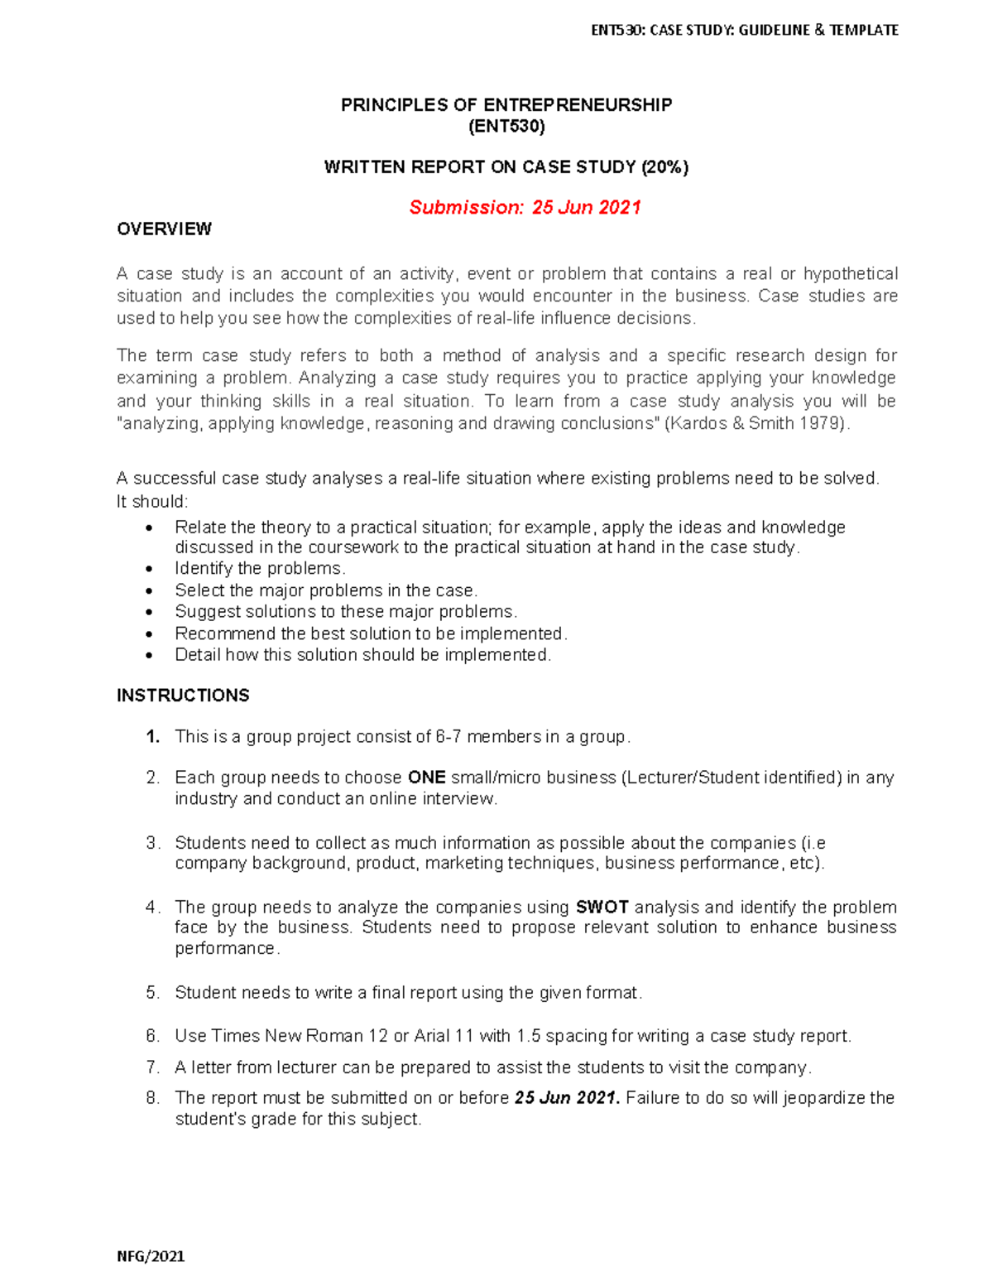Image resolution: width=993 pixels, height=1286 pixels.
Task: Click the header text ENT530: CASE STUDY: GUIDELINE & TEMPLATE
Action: pos(744,31)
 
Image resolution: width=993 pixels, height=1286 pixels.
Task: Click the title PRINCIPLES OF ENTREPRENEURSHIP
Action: pos(506,105)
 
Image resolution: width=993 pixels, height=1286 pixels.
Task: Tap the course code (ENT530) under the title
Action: pos(506,127)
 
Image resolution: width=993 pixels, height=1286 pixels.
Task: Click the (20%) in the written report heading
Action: pos(664,167)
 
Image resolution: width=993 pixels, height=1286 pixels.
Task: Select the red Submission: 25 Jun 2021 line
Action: pos(525,207)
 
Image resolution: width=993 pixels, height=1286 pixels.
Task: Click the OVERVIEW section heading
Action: pos(164,229)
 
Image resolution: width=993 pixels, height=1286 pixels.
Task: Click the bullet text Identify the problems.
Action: pos(260,569)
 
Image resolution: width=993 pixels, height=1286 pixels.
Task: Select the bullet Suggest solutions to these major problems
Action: pos(345,612)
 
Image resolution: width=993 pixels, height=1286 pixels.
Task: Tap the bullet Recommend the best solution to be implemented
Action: pos(371,633)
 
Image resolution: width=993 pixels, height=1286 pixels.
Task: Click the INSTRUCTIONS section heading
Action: pos(183,696)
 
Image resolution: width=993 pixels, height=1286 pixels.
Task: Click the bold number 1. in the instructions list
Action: pos(152,737)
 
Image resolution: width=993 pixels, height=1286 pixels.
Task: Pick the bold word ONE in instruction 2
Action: pos(427,778)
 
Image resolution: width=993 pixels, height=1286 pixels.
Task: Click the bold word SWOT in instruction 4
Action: pos(602,908)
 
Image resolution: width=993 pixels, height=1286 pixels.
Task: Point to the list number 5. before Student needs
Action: pos(152,993)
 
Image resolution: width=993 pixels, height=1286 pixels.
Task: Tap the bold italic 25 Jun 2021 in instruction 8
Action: pos(566,1098)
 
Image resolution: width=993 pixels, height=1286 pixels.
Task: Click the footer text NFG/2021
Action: pos(151,1256)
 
